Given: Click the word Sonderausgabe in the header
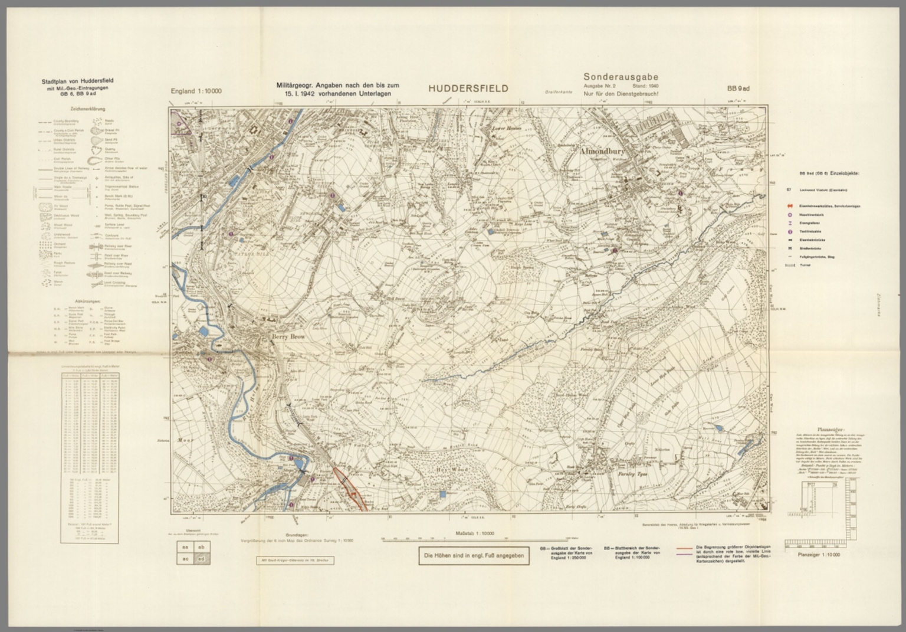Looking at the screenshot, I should point(621,77).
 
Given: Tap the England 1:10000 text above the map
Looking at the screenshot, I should point(196,91).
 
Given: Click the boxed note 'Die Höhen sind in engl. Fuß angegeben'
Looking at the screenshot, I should point(474,556).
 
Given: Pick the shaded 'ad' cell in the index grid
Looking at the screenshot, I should point(201,558).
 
